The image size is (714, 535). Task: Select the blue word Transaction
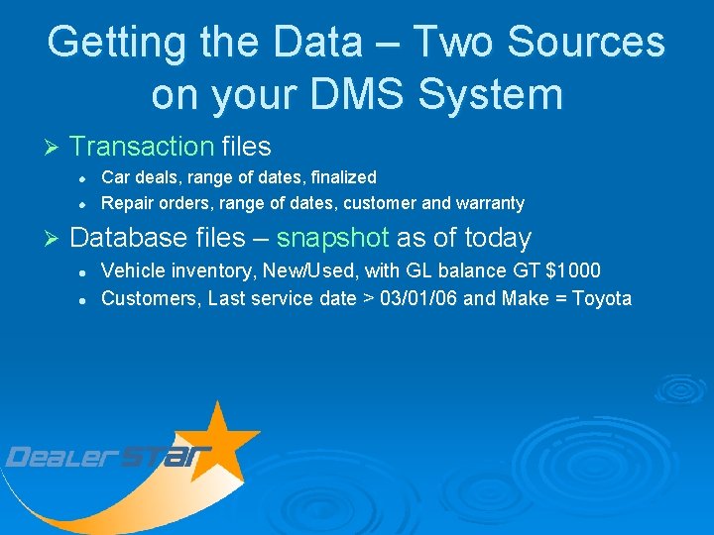pos(142,147)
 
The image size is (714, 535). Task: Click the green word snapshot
pos(332,238)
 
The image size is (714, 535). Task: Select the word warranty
pos(490,203)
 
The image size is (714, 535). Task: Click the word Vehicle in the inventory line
pos(132,270)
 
